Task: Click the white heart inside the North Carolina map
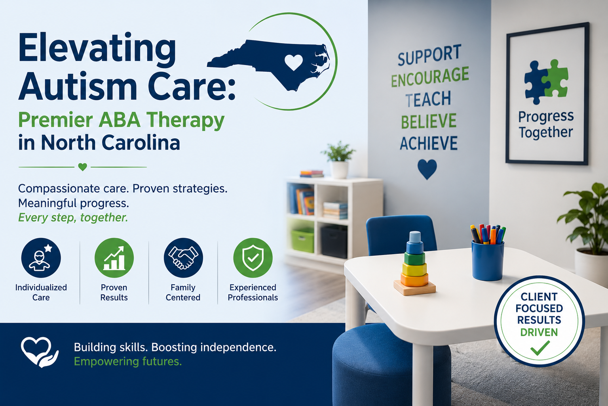pyautogui.click(x=294, y=62)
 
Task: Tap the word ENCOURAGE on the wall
pyautogui.click(x=430, y=77)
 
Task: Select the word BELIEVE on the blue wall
pyautogui.click(x=429, y=121)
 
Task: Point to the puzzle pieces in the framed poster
pyautogui.click(x=546, y=82)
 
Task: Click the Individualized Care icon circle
pyautogui.click(x=41, y=258)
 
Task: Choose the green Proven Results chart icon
pyautogui.click(x=114, y=258)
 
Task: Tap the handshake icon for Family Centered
pyautogui.click(x=183, y=258)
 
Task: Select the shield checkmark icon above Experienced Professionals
pyautogui.click(x=253, y=258)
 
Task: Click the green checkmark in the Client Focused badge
pyautogui.click(x=540, y=348)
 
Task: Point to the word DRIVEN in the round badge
pyautogui.click(x=539, y=332)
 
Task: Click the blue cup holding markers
pyautogui.click(x=488, y=260)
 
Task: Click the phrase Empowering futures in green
pyautogui.click(x=127, y=362)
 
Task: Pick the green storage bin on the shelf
pyautogui.click(x=303, y=240)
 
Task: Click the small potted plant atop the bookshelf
pyautogui.click(x=338, y=160)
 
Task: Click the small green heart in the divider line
pyautogui.click(x=82, y=167)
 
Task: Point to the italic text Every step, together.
pyautogui.click(x=73, y=218)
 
